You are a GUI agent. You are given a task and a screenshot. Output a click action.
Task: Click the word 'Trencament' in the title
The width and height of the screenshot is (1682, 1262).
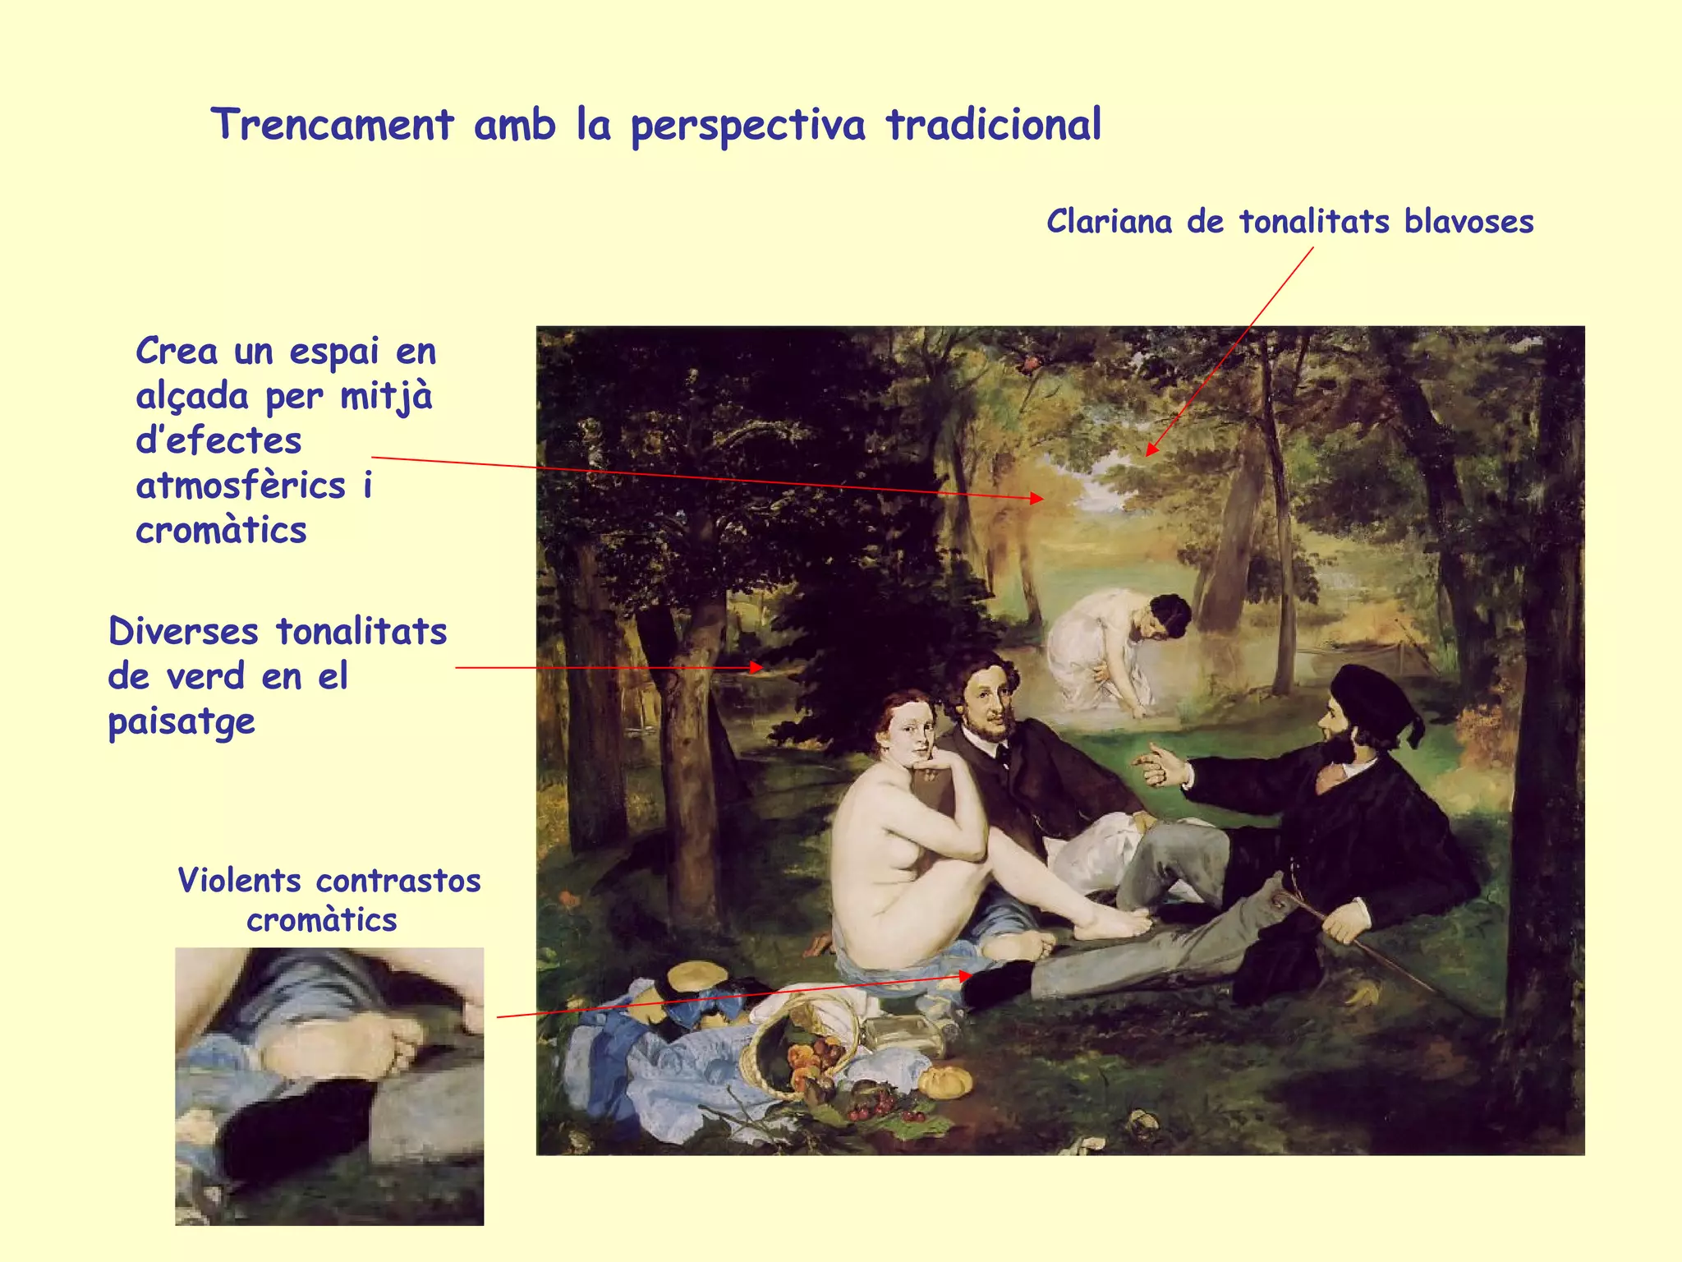(333, 126)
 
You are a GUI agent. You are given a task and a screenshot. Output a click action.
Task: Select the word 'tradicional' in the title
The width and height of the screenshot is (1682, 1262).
(994, 126)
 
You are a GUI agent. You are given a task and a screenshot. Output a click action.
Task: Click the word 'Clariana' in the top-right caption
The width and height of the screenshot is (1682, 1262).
(1109, 222)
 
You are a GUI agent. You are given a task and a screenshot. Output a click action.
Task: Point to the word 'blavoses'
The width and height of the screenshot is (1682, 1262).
(1468, 222)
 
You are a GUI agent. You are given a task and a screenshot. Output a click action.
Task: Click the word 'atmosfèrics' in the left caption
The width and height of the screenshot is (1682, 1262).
(241, 486)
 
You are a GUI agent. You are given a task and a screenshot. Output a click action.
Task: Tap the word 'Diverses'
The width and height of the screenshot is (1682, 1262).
(183, 632)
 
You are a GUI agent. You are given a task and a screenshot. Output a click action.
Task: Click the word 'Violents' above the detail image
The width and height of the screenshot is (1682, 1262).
(240, 881)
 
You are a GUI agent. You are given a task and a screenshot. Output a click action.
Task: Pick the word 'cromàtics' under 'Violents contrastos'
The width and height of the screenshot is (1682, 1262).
(322, 920)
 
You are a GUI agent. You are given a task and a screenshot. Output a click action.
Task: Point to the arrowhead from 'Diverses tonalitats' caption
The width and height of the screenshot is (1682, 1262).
(757, 667)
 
